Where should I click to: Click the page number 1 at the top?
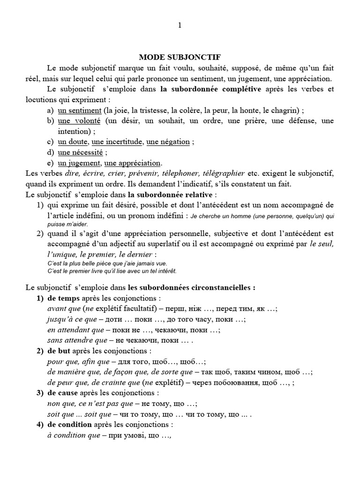pyautogui.click(x=180, y=26)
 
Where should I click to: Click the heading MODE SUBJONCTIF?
pyautogui.click(x=180, y=57)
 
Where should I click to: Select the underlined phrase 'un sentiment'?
pyautogui.click(x=80, y=110)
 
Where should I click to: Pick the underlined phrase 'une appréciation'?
pyautogui.click(x=133, y=163)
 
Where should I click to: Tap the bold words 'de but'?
pyautogui.click(x=60, y=351)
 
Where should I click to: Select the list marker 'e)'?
pyautogui.click(x=50, y=163)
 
